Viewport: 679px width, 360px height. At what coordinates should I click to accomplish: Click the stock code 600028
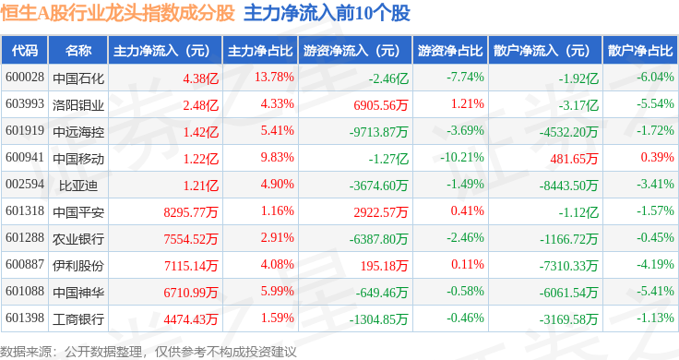pos(25,78)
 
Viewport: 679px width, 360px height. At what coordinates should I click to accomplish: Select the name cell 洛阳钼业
pos(78,105)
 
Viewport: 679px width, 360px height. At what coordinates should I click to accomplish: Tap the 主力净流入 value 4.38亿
pos(200,78)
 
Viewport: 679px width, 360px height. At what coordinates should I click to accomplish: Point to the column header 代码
pos(25,50)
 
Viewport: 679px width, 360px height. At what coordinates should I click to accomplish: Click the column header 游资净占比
pos(450,50)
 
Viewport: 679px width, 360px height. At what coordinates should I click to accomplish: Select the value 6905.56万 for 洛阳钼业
pos(381,105)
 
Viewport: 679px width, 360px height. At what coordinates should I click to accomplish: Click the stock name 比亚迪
pos(78,186)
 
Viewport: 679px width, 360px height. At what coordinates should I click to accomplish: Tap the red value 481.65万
pos(574,159)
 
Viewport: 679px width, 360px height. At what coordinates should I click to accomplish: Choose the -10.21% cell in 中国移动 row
pos(462,157)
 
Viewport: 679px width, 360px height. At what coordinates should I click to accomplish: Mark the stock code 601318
pos(25,211)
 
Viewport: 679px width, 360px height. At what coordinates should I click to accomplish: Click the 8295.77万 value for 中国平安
pos(191,212)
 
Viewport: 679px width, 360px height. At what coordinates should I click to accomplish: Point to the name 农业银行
pos(78,239)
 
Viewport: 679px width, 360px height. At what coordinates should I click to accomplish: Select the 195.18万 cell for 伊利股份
pos(384,266)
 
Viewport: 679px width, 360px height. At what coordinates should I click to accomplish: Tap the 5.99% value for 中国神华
pos(277,291)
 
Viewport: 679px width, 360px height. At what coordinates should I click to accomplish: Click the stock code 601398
pos(25,318)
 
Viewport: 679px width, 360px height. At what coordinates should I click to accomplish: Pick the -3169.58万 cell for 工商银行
pos(568,319)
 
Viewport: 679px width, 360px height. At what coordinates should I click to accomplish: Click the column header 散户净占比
pos(640,50)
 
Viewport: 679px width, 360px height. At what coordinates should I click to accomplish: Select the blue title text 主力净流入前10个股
pos(327,14)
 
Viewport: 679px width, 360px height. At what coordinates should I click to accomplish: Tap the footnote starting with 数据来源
pos(149,352)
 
